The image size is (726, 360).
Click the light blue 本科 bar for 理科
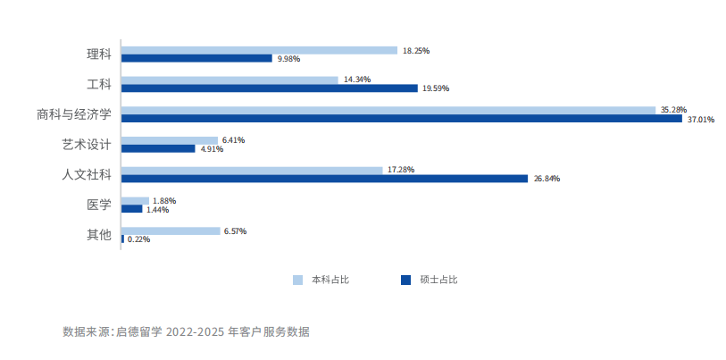[x=259, y=50]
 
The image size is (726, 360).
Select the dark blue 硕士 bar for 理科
[x=196, y=59]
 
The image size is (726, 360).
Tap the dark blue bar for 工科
[x=269, y=88]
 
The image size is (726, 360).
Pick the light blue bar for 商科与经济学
[x=388, y=110]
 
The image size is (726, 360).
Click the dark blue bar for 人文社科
[x=324, y=179]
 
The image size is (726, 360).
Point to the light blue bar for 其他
[x=171, y=230]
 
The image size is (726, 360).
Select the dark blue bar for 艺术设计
[x=158, y=148]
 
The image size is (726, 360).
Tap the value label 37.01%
[x=701, y=119]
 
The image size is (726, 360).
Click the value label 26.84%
[x=547, y=179]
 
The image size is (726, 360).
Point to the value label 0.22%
[x=138, y=239]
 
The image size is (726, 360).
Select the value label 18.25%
[x=416, y=51]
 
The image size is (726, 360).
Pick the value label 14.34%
[x=357, y=80]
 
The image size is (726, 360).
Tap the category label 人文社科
[x=86, y=174]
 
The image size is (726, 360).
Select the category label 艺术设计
[x=86, y=145]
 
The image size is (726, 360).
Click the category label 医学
[x=98, y=205]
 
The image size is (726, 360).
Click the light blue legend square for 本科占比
[x=298, y=280]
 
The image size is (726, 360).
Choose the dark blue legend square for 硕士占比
[x=406, y=280]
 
